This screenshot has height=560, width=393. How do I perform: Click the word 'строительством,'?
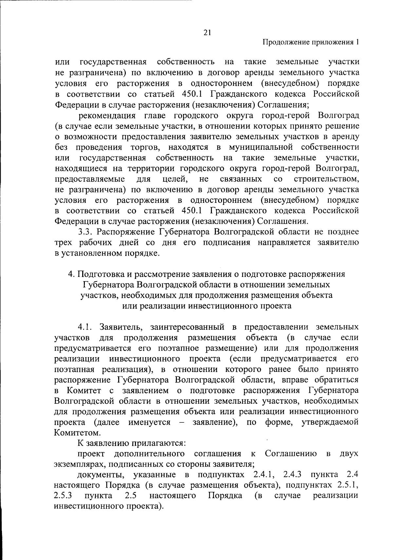(326, 179)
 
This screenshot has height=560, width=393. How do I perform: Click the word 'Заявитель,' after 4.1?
(121, 327)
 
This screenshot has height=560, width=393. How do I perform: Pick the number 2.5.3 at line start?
(63, 496)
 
